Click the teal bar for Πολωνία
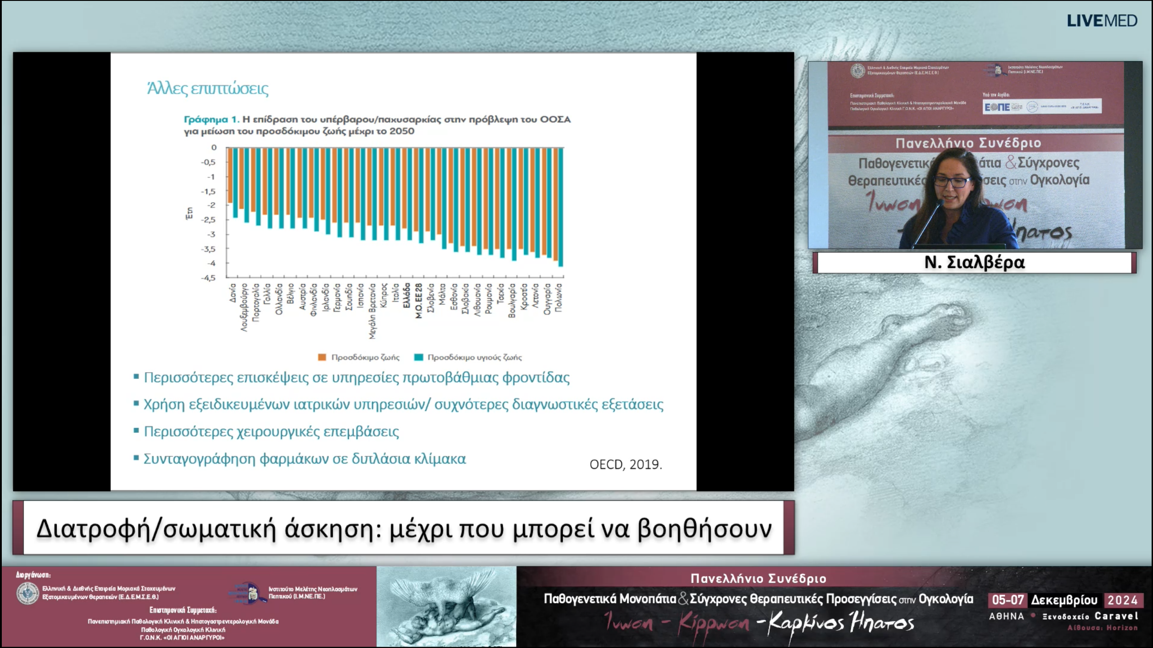[561, 207]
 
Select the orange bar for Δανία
[230, 175]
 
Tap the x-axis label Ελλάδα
[407, 296]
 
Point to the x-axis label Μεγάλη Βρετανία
[372, 310]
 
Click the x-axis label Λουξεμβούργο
[245, 307]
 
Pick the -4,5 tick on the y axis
[208, 278]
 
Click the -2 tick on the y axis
[211, 205]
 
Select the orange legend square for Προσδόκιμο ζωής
[322, 357]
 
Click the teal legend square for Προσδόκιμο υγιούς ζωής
[418, 357]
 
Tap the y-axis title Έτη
[190, 213]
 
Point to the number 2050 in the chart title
[402, 131]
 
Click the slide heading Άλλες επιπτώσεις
[208, 89]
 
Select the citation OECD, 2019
[626, 464]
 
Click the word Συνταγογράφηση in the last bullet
[199, 459]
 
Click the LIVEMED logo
[1102, 21]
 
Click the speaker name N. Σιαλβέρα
[974, 262]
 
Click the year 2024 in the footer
[1122, 600]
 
